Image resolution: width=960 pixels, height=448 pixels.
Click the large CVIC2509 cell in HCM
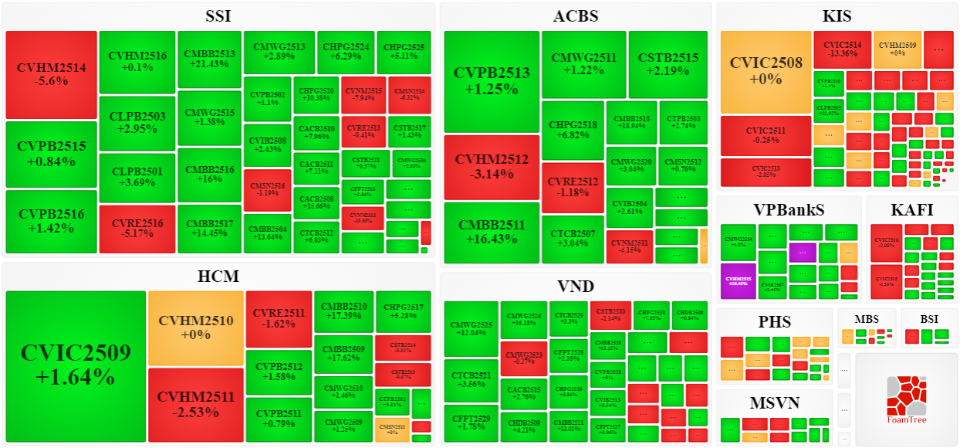76,365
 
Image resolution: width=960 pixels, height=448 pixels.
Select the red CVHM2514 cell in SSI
51,74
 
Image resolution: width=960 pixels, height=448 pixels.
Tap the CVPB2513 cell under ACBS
492,81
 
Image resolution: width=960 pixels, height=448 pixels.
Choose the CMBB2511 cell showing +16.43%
492,232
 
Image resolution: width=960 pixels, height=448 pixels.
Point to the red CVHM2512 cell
492,167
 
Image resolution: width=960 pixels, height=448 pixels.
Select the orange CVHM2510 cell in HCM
195,328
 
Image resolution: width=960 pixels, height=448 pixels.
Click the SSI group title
218,16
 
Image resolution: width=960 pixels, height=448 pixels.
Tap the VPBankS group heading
789,209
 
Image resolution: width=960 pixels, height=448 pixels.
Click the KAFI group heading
911,209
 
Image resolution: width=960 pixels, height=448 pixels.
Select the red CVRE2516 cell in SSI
137,229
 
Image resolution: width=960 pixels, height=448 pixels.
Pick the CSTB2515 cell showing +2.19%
668,64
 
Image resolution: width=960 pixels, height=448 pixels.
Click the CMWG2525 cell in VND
472,328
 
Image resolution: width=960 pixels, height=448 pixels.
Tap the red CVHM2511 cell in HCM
195,404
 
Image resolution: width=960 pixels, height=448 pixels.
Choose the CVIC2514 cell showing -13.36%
842,49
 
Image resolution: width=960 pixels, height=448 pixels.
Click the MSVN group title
774,402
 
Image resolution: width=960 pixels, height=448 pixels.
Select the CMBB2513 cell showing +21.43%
209,59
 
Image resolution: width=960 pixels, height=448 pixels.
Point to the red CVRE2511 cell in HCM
279,318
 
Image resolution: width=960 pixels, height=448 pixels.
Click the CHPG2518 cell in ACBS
573,131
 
